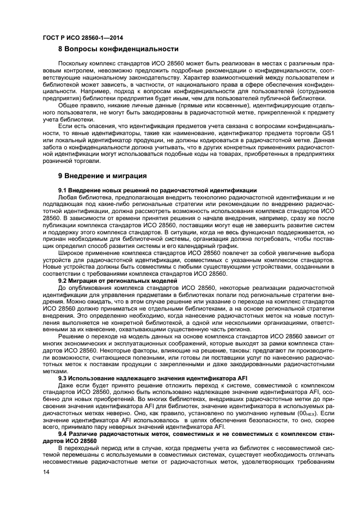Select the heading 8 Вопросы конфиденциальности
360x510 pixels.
click(119, 48)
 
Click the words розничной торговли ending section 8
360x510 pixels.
click(71, 161)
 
